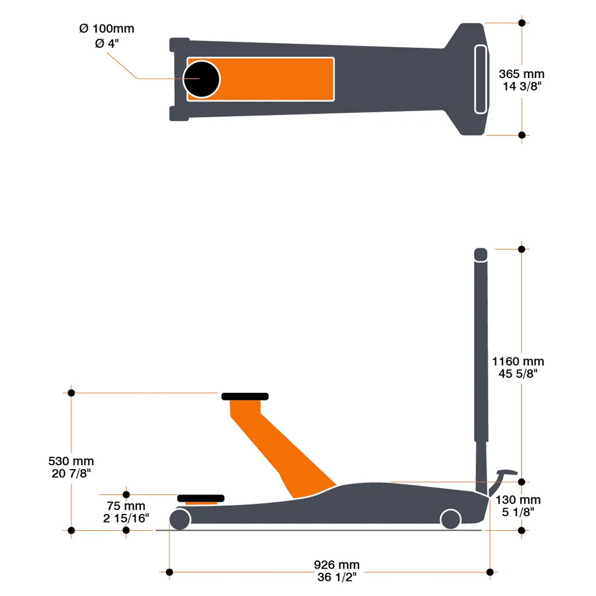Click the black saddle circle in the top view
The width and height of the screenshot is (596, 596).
pyautogui.click(x=201, y=79)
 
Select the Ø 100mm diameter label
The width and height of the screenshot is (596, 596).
pyautogui.click(x=107, y=29)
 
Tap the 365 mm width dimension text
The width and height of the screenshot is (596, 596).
pyautogui.click(x=521, y=74)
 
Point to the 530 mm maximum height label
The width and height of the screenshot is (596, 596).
pyautogui.click(x=71, y=462)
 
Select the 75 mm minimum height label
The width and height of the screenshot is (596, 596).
pyautogui.click(x=126, y=506)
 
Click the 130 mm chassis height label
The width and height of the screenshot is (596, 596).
pyautogui.click(x=518, y=500)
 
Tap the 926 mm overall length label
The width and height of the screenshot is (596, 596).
pyautogui.click(x=336, y=565)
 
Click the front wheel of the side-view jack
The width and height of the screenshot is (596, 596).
pyautogui.click(x=180, y=519)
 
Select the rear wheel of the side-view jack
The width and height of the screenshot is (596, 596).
pyautogui.click(x=450, y=519)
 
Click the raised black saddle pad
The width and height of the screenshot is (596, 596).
pyautogui.click(x=245, y=396)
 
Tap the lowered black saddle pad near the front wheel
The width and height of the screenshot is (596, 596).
pyautogui.click(x=201, y=498)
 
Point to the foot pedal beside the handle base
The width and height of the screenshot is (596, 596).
pyautogui.click(x=505, y=473)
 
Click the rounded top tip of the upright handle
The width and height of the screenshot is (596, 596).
pyautogui.click(x=481, y=254)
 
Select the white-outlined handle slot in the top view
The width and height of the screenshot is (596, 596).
pyautogui.click(x=481, y=79)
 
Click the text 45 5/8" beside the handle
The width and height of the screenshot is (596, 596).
pyautogui.click(x=518, y=373)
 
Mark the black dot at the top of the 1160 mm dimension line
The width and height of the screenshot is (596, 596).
pyautogui.click(x=521, y=249)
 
